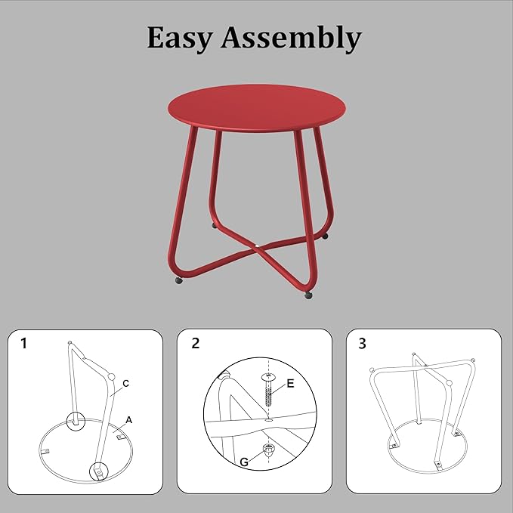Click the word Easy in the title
[x=178, y=38]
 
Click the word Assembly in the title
[x=290, y=39]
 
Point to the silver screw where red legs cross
[x=258, y=245]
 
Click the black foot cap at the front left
[x=179, y=280]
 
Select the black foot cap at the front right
[x=308, y=295]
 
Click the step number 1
[x=24, y=344]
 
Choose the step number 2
[x=196, y=344]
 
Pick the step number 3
[x=362, y=344]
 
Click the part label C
[x=125, y=383]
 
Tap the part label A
[x=129, y=419]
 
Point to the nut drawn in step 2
[x=269, y=450]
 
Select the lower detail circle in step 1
[x=97, y=471]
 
